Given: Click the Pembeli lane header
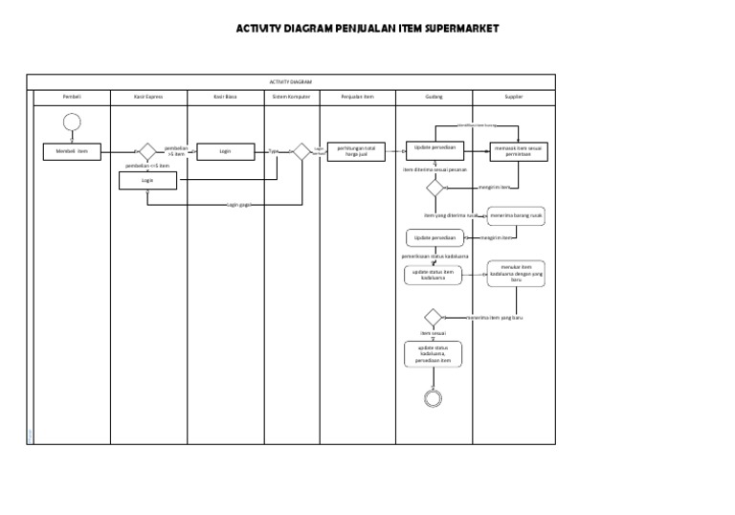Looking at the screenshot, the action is [x=71, y=97].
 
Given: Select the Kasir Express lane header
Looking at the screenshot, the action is [x=147, y=97].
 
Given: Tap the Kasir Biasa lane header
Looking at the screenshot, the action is [x=225, y=97].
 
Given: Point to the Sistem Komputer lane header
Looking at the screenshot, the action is [x=291, y=97].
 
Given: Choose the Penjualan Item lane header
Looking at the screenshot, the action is [x=357, y=97].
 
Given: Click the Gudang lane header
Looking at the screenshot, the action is [x=434, y=97].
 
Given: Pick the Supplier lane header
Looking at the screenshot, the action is [x=514, y=97].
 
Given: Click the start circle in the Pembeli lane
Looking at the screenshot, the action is [x=71, y=122].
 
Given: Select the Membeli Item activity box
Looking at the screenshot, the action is [x=71, y=151].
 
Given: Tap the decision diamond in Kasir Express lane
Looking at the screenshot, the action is [x=147, y=151].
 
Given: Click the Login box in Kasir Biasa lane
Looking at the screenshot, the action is [x=225, y=151].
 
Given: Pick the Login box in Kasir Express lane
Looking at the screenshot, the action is [x=147, y=180].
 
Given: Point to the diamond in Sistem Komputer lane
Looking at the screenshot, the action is [x=301, y=151].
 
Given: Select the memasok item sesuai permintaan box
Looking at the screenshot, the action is [x=519, y=151].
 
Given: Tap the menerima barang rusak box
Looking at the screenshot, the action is [x=517, y=215].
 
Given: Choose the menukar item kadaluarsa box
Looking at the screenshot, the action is [x=516, y=274].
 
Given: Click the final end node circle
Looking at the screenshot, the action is [x=434, y=397].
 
